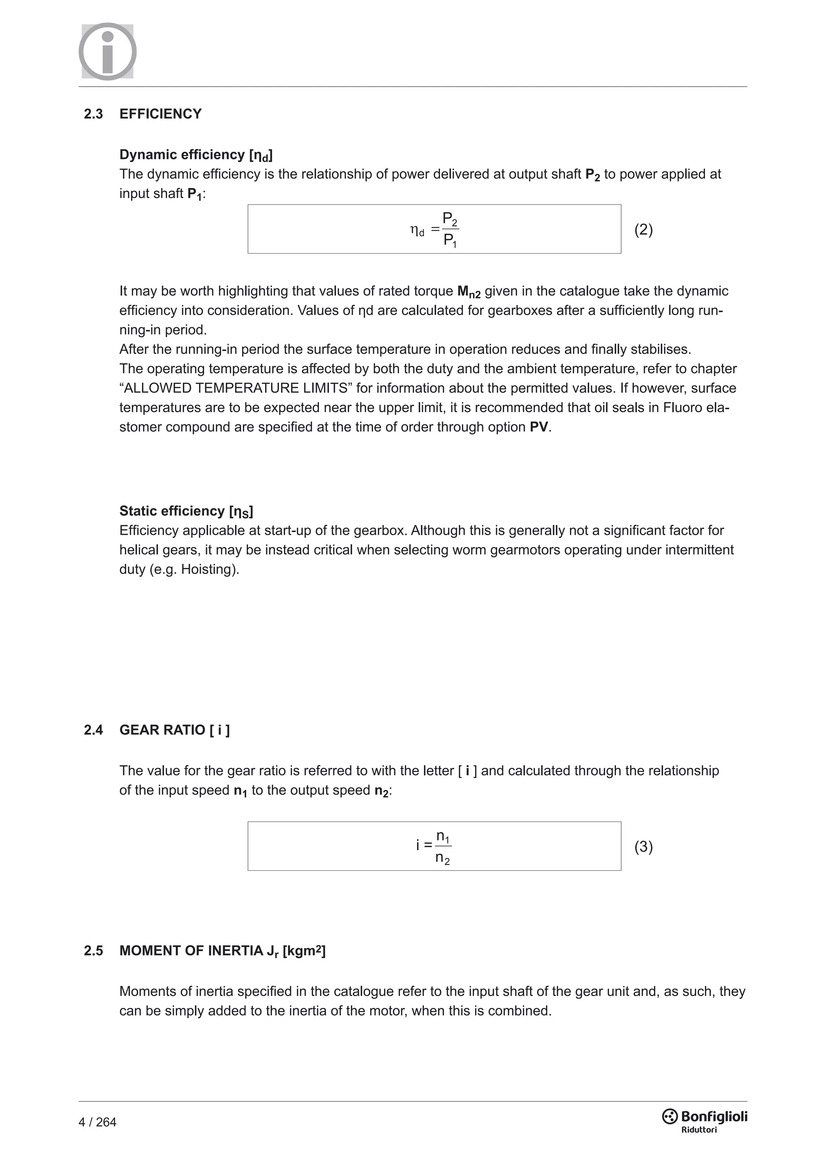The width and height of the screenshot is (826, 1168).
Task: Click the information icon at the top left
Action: [107, 51]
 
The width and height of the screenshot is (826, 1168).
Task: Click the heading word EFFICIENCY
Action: [160, 114]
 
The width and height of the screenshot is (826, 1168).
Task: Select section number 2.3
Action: [93, 114]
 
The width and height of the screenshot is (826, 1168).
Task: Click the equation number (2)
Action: [643, 229]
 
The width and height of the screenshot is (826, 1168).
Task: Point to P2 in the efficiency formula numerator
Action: [450, 219]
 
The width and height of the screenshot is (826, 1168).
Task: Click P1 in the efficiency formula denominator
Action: [450, 240]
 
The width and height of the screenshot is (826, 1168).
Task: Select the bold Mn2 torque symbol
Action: [468, 292]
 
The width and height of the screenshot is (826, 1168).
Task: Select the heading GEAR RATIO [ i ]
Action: [175, 730]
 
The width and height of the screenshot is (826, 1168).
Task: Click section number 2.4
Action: [93, 730]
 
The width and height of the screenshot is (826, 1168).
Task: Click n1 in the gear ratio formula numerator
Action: [442, 837]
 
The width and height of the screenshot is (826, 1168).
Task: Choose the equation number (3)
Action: [643, 847]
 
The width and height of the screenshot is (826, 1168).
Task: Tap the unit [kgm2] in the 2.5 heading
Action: [304, 950]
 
